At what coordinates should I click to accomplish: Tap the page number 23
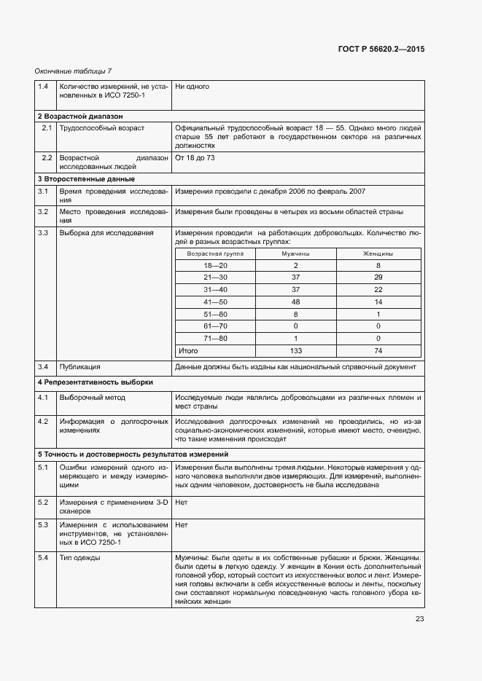(x=419, y=619)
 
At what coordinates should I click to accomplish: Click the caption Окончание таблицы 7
(x=73, y=71)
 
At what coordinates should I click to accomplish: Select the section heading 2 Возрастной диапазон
(x=80, y=116)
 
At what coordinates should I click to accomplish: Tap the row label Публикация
(x=79, y=367)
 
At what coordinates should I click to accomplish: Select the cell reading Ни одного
(x=193, y=87)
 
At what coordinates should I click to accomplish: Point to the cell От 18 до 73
(x=195, y=158)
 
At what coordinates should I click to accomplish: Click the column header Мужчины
(x=295, y=253)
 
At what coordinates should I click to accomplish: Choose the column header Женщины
(x=378, y=253)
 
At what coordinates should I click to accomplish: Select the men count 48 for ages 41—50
(x=295, y=302)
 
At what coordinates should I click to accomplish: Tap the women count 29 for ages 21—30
(x=378, y=277)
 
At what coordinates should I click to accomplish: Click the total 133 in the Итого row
(x=295, y=350)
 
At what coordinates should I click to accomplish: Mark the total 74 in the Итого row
(x=378, y=350)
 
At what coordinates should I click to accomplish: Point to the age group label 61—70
(x=216, y=326)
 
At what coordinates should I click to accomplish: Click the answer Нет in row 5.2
(x=182, y=503)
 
